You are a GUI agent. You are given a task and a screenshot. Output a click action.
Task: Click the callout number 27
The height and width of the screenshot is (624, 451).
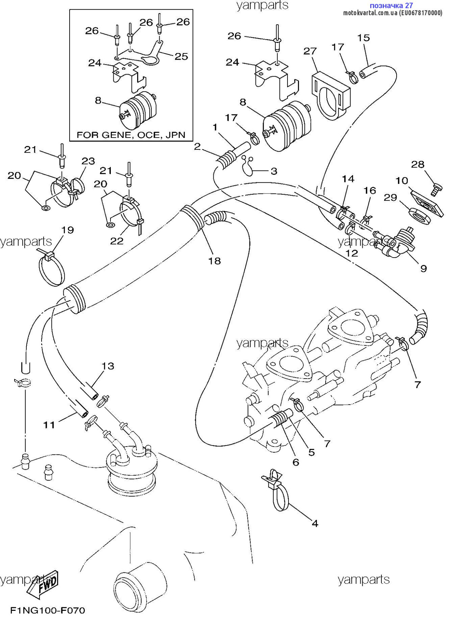(x=310, y=51)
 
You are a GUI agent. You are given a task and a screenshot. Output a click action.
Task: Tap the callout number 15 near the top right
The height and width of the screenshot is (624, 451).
(x=363, y=37)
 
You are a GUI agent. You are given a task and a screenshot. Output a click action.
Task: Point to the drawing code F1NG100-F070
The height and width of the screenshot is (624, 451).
(x=47, y=610)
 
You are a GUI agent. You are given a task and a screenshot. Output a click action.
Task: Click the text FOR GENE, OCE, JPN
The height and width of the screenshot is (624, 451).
(x=131, y=135)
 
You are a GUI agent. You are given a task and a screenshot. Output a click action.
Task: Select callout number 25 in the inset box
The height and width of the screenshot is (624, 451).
(x=181, y=56)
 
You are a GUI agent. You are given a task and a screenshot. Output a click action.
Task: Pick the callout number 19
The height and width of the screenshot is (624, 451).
(x=68, y=230)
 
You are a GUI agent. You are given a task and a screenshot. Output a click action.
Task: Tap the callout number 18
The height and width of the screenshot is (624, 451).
(x=214, y=261)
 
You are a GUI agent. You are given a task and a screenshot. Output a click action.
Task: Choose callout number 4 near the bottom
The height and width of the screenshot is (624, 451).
(x=315, y=523)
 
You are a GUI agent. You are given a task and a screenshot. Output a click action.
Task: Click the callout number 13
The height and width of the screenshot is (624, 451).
(x=108, y=366)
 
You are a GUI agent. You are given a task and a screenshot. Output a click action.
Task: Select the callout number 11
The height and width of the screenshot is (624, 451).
(x=49, y=425)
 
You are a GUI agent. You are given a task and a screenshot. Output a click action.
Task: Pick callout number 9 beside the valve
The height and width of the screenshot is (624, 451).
(x=423, y=268)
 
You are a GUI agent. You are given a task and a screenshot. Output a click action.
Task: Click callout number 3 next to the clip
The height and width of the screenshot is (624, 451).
(x=274, y=171)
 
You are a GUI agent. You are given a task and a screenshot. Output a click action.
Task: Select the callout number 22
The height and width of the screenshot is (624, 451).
(x=117, y=241)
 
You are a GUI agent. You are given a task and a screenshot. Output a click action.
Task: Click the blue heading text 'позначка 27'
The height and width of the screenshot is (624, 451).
(x=391, y=6)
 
